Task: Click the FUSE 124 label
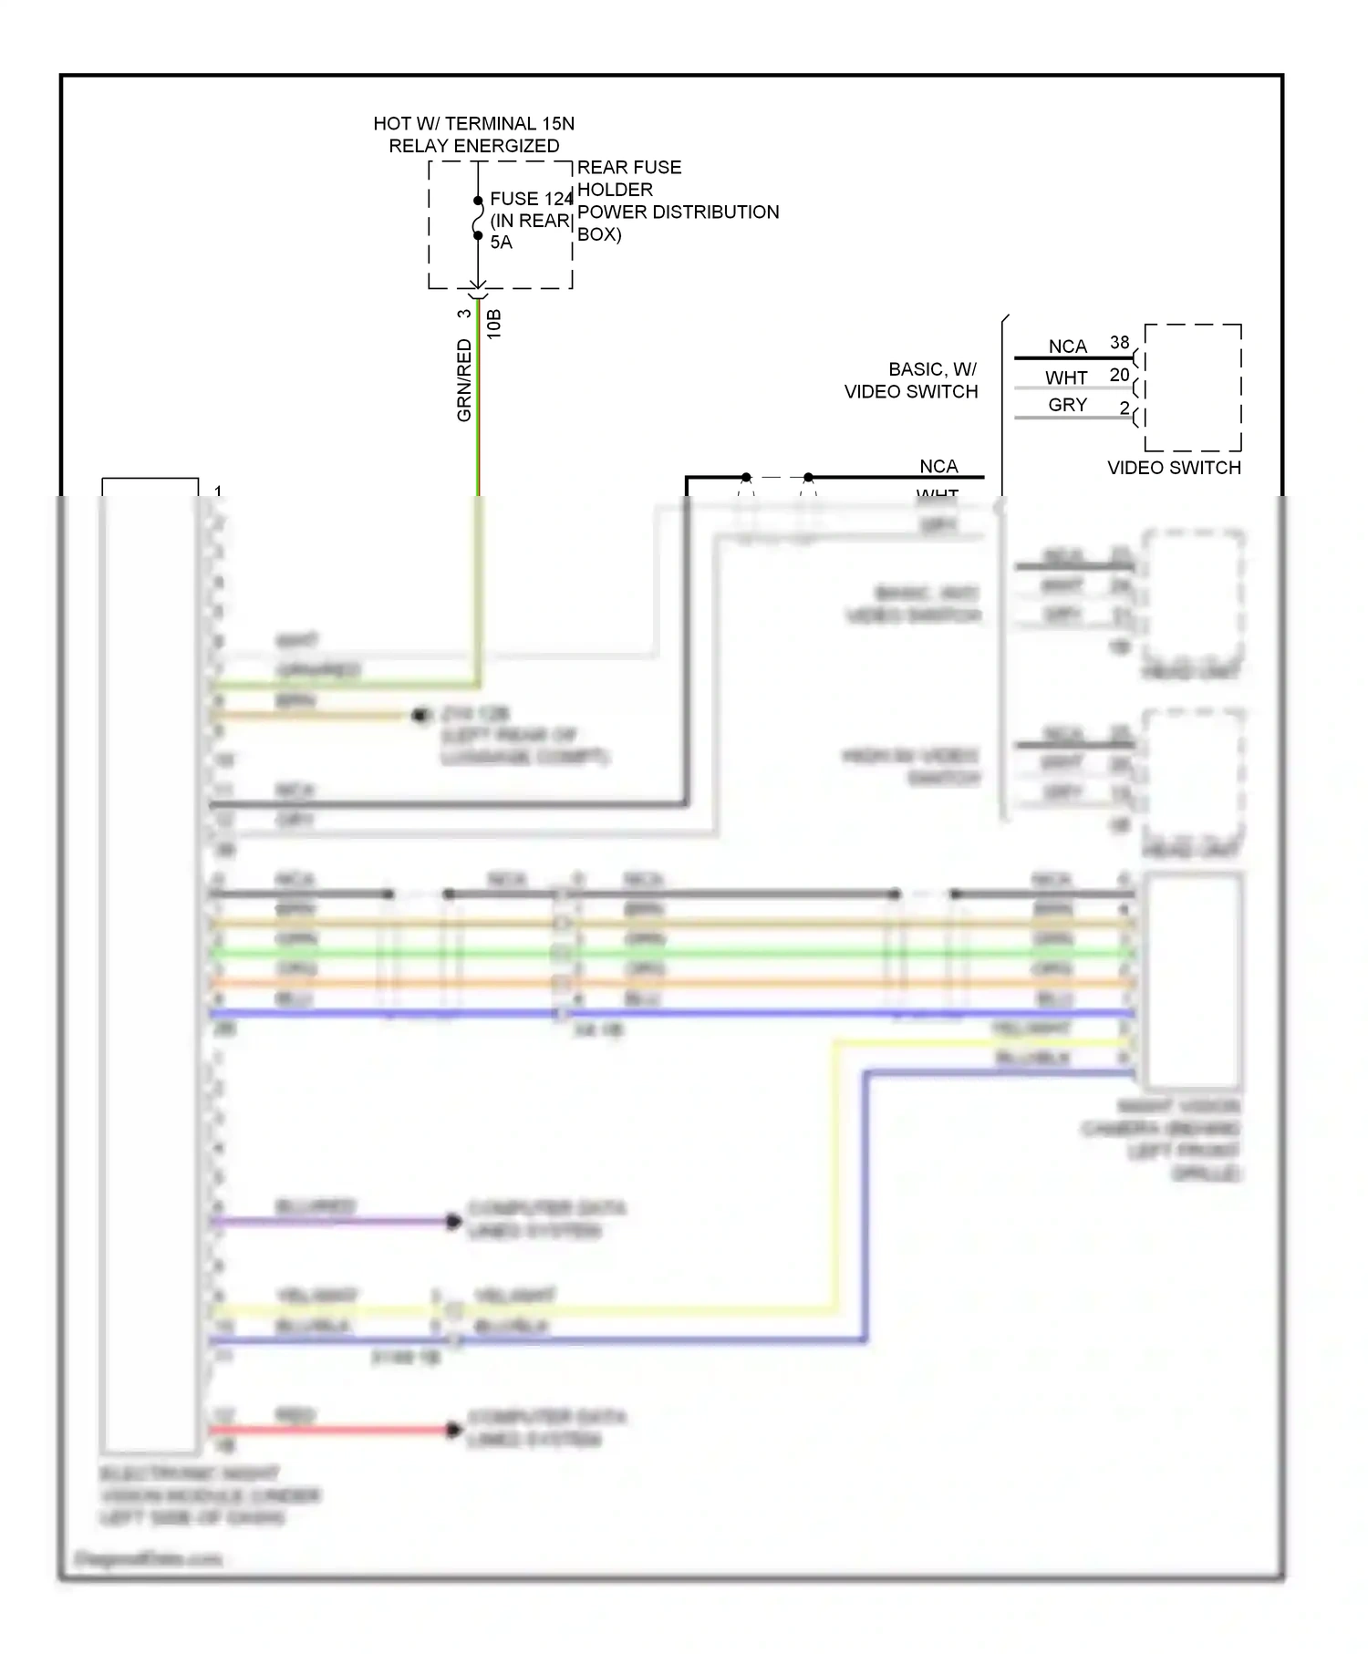[530, 199]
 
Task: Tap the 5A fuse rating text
[501, 243]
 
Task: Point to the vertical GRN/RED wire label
[464, 379]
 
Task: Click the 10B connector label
[493, 325]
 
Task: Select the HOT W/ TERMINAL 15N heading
[473, 124]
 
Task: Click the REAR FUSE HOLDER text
[628, 178]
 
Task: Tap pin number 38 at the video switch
[1119, 343]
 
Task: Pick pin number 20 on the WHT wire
[1119, 375]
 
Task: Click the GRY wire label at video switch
[1067, 405]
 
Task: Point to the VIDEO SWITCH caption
[1174, 468]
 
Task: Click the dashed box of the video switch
[1193, 388]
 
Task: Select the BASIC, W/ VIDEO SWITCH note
[912, 380]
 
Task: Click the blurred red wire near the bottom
[328, 1430]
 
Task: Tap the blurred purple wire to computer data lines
[328, 1221]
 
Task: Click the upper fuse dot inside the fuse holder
[478, 201]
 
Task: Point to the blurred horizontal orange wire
[730, 983]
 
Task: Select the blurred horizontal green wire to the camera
[730, 953]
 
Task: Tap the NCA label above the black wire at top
[938, 466]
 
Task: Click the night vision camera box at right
[1192, 980]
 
